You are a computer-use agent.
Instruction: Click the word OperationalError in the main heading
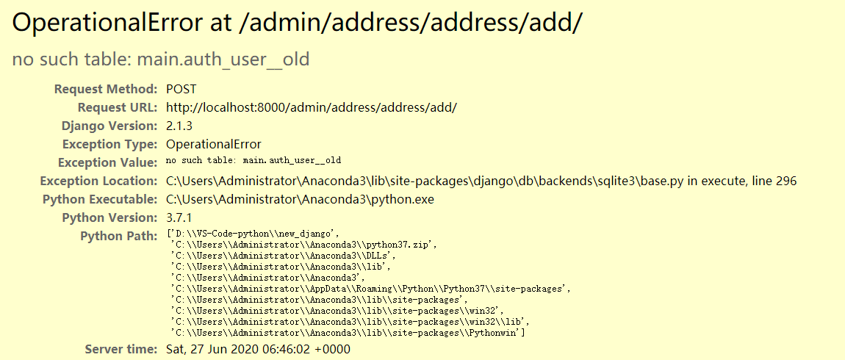pos(104,23)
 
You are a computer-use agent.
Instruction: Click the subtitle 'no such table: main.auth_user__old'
pos(161,59)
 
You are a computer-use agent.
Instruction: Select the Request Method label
pos(106,89)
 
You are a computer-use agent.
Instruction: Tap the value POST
pos(181,89)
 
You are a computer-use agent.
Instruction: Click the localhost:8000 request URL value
pos(312,107)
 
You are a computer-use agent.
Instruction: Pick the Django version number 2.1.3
pos(179,126)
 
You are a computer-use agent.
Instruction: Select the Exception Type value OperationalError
pos(214,144)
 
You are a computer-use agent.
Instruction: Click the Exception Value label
pos(108,162)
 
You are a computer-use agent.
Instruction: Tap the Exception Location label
pos(98,181)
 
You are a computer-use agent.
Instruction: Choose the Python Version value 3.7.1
pos(179,217)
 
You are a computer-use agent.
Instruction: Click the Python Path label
pos(119,236)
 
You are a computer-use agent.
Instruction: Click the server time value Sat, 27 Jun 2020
pos(258,349)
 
